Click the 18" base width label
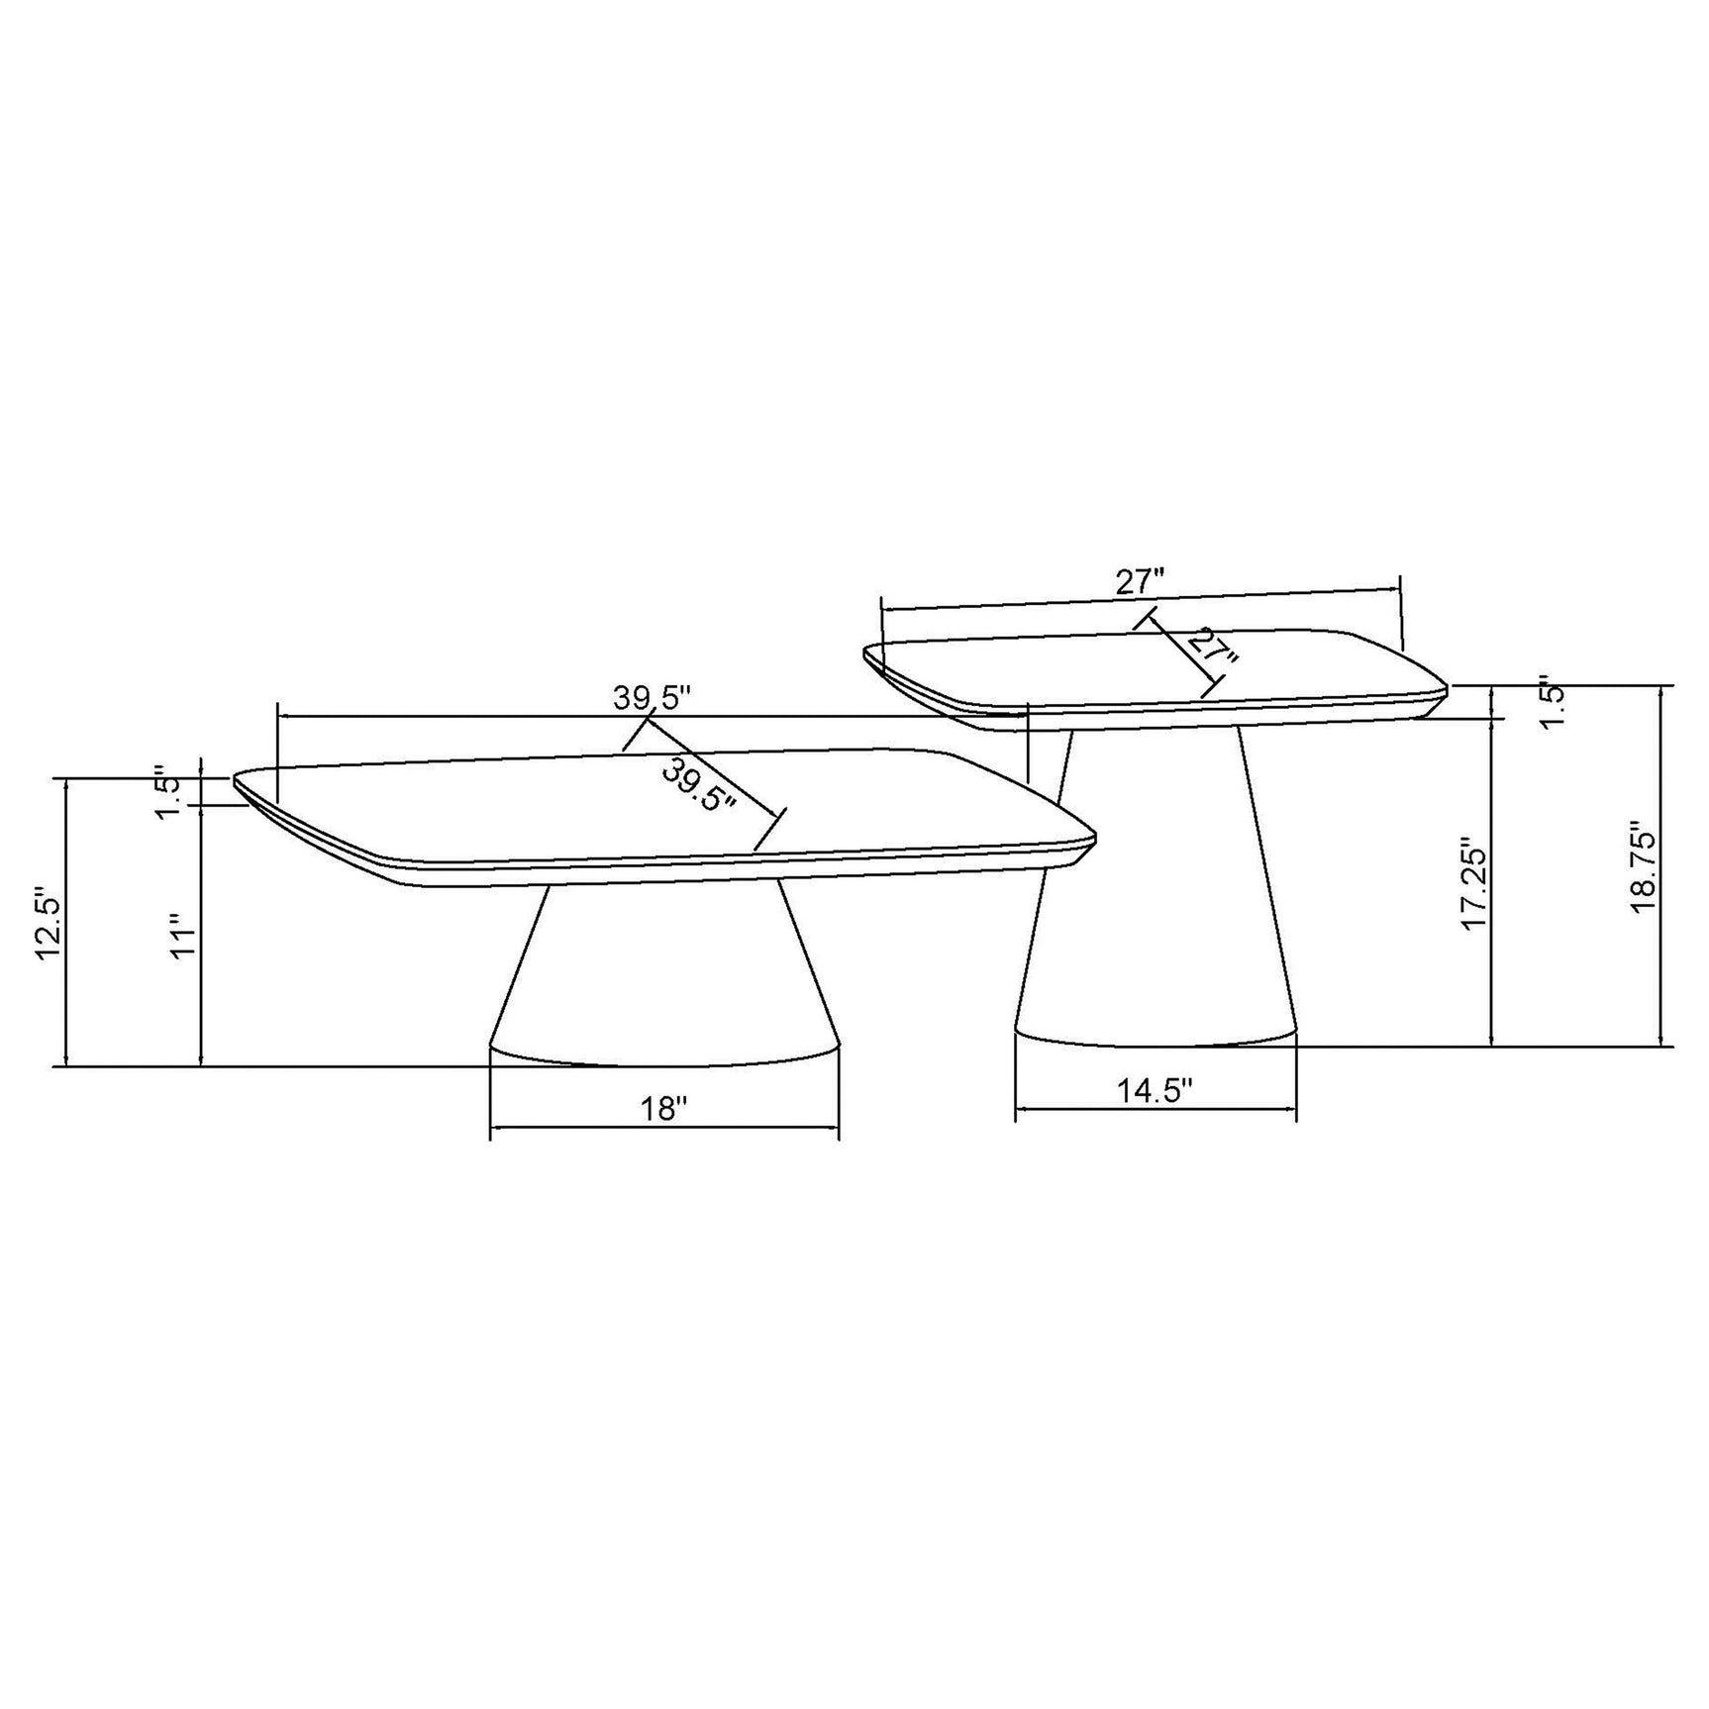coord(664,1107)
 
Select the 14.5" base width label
coord(1155,1090)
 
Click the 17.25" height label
coord(1475,886)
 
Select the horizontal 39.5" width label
coord(651,698)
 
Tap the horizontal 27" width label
coord(1141,582)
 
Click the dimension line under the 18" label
coord(664,1127)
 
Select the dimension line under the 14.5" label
coord(1155,1109)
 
